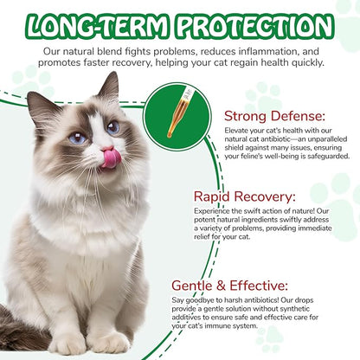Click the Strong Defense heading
[x=273, y=115]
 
